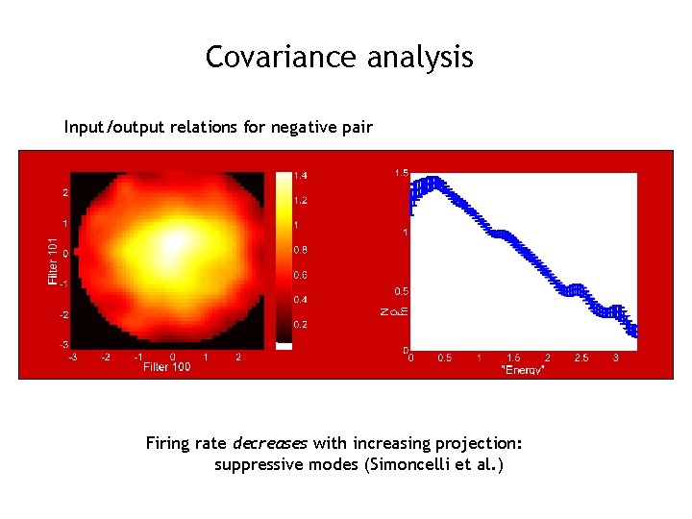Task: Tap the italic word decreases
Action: click(269, 443)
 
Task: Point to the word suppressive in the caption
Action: click(254, 465)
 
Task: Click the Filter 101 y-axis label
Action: click(53, 260)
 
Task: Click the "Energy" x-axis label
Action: click(524, 369)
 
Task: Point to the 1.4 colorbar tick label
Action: click(301, 176)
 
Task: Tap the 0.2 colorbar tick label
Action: click(301, 325)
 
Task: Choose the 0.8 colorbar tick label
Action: click(301, 250)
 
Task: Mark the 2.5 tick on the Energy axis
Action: click(581, 358)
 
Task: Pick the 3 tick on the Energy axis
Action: click(615, 358)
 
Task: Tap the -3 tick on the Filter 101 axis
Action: click(62, 344)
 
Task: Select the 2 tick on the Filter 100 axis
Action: click(237, 357)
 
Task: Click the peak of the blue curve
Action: click(432, 182)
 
